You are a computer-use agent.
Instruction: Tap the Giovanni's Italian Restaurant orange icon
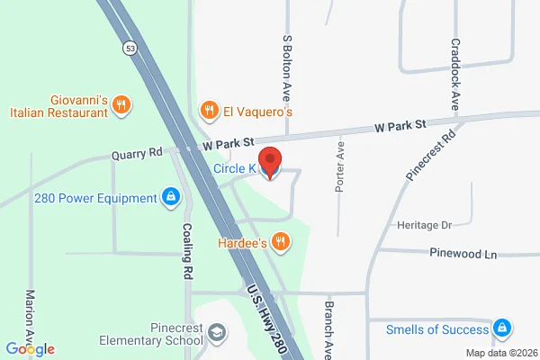(x=122, y=106)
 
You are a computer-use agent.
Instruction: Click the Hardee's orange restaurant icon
(x=282, y=241)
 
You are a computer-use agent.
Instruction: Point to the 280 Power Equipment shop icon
(x=170, y=197)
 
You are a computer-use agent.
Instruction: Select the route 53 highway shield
(x=131, y=50)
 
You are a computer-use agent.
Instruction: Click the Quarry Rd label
(x=136, y=154)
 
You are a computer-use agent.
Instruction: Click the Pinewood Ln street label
(x=463, y=255)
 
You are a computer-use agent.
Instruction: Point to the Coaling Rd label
(x=188, y=254)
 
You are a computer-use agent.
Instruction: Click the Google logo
(x=31, y=349)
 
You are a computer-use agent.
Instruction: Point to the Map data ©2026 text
(x=500, y=352)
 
